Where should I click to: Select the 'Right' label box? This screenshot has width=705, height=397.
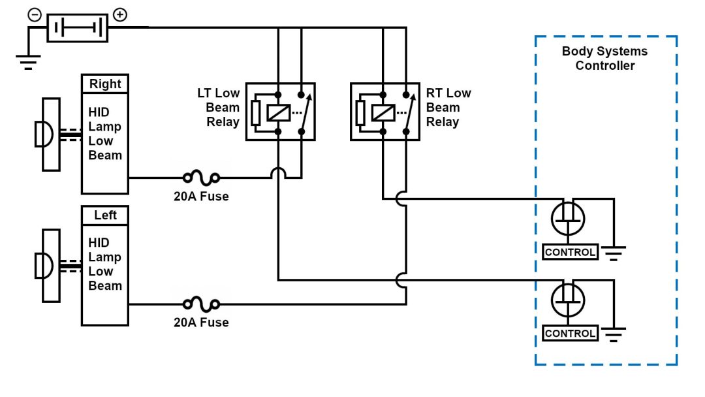[105, 84]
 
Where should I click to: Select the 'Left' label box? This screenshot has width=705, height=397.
[105, 215]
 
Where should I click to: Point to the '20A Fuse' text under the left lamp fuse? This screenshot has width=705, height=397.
[201, 322]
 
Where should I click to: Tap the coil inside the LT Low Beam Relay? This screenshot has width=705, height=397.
[278, 112]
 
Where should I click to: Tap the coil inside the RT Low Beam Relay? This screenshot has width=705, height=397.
[383, 112]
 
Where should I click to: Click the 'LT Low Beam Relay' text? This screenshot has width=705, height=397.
[219, 108]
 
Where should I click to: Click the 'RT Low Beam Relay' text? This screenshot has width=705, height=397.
[448, 108]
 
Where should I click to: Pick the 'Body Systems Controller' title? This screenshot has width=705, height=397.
[604, 58]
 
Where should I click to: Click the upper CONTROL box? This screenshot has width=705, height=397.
[570, 252]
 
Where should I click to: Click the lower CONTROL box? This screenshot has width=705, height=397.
[570, 334]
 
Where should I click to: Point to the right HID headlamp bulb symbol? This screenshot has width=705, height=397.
[45, 135]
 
